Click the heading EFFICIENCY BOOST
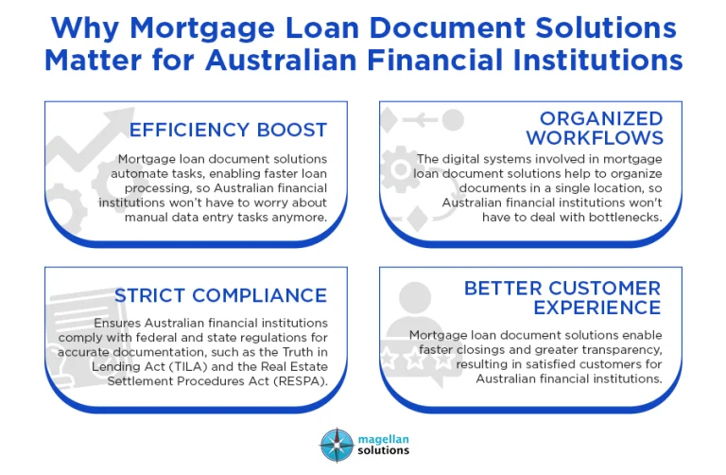(x=228, y=130)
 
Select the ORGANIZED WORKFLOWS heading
(x=601, y=128)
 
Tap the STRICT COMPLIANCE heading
(x=220, y=296)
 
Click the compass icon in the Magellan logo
(x=336, y=445)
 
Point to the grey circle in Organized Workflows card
(x=453, y=120)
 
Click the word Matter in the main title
(x=95, y=60)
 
